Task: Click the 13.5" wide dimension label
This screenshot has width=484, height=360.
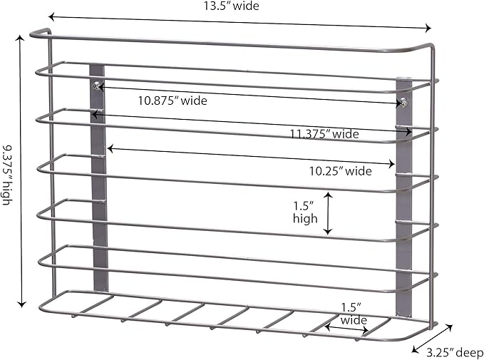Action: [231, 6]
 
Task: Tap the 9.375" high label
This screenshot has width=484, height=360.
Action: [7, 175]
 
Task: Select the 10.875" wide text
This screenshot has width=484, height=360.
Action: [173, 101]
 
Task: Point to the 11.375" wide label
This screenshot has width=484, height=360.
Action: [324, 134]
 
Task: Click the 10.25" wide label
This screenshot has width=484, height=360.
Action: [341, 171]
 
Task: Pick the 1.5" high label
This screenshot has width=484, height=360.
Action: [305, 212]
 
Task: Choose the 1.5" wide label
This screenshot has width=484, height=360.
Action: [354, 314]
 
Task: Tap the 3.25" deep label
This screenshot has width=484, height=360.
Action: [455, 352]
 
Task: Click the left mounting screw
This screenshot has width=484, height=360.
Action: [98, 86]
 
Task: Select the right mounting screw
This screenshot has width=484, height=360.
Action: [403, 102]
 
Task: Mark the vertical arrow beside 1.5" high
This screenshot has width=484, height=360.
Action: [328, 213]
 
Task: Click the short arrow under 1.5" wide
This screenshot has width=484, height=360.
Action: [346, 329]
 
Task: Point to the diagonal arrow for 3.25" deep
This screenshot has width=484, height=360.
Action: [432, 339]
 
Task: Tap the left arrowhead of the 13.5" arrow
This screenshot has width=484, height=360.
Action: [52, 17]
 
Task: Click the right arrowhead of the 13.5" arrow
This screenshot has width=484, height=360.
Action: [428, 28]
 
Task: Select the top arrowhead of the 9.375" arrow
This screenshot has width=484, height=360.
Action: [21, 38]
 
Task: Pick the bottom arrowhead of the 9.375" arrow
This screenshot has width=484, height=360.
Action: [21, 304]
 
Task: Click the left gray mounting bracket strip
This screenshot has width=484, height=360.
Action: [99, 178]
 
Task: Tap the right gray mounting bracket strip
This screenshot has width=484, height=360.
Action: [404, 198]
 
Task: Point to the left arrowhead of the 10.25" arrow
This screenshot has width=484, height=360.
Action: [110, 149]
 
